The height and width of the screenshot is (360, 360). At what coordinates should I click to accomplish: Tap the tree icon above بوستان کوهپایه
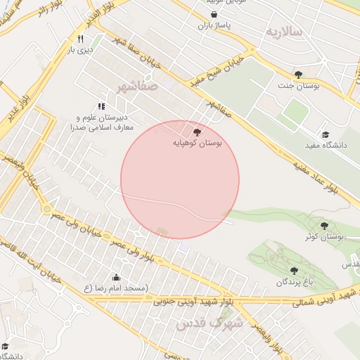[x=196, y=132]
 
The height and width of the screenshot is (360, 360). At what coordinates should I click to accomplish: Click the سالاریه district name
[x=283, y=32]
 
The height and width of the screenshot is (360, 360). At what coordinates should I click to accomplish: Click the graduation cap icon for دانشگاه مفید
[x=325, y=134]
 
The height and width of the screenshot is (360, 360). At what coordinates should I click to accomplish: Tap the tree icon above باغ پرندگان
[x=294, y=271]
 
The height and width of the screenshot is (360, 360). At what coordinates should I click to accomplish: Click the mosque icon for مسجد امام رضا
[x=116, y=278]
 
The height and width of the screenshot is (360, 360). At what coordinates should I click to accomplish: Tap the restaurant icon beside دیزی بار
[x=81, y=39]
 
